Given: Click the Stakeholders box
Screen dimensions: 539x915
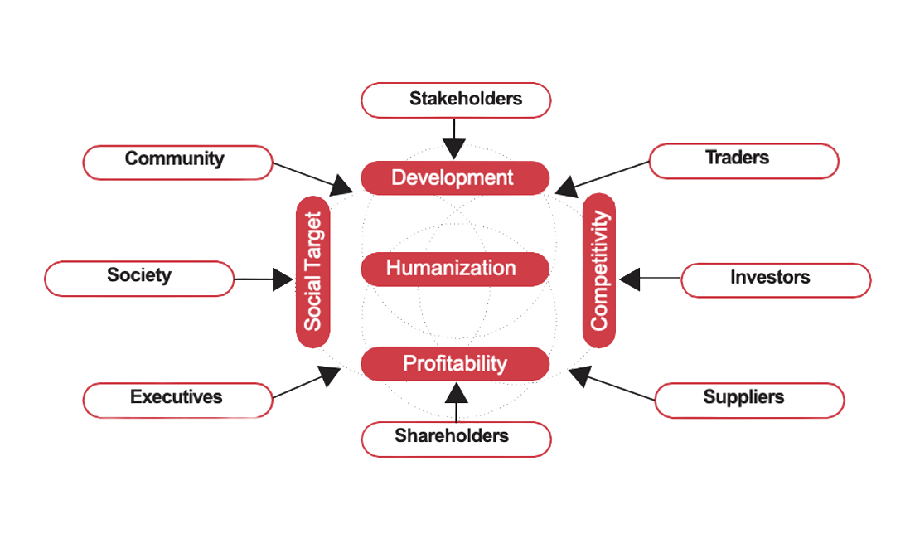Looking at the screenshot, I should pyautogui.click(x=457, y=100).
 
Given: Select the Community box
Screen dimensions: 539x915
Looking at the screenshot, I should pyautogui.click(x=177, y=162).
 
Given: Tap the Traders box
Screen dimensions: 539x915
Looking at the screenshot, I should pyautogui.click(x=743, y=161).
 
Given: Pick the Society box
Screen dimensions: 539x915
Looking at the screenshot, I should pyautogui.click(x=139, y=279).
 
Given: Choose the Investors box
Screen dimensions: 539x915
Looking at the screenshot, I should pyautogui.click(x=776, y=280).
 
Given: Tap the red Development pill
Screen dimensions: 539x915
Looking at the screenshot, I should pyautogui.click(x=455, y=177).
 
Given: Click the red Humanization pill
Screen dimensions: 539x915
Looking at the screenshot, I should pyautogui.click(x=455, y=269).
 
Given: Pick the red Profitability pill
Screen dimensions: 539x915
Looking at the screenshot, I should pyautogui.click(x=455, y=363).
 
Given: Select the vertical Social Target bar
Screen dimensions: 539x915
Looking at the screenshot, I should pyautogui.click(x=313, y=270).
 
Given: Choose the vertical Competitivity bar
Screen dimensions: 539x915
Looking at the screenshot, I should pyautogui.click(x=599, y=270).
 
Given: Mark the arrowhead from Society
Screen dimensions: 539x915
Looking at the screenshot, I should pyautogui.click(x=284, y=279).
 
